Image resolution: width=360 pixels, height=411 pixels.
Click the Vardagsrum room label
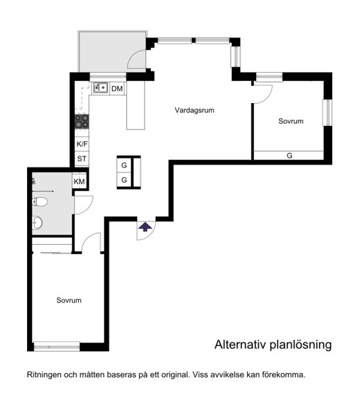tap(195, 110)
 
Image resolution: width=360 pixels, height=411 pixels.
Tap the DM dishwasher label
tap(117, 89)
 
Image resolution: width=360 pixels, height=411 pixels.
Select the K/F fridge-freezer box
tap(82, 144)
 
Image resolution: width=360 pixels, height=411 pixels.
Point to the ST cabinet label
tap(82, 158)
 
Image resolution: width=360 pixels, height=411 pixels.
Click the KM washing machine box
tap(79, 181)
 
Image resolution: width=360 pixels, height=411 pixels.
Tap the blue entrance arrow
tap(145, 227)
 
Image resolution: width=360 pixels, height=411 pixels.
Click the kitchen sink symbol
tap(100, 88)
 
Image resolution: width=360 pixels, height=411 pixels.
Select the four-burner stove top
tap(82, 122)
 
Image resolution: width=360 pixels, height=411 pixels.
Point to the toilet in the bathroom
tap(40, 202)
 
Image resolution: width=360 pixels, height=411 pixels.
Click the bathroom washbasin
tap(37, 223)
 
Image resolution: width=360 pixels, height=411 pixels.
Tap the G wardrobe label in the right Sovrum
tap(289, 156)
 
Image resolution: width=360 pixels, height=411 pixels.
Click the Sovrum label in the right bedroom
tap(291, 121)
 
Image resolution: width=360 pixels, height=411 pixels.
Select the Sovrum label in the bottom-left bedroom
tap(69, 300)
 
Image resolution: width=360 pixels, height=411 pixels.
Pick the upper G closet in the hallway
tap(124, 165)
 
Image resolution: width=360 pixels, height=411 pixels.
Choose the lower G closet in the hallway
tap(124, 180)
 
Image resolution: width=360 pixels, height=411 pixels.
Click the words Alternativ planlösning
tap(273, 345)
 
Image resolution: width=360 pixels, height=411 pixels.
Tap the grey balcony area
tap(112, 51)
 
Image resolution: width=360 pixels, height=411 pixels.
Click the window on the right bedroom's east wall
tap(327, 113)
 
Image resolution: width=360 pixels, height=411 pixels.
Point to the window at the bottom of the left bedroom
tap(57, 347)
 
